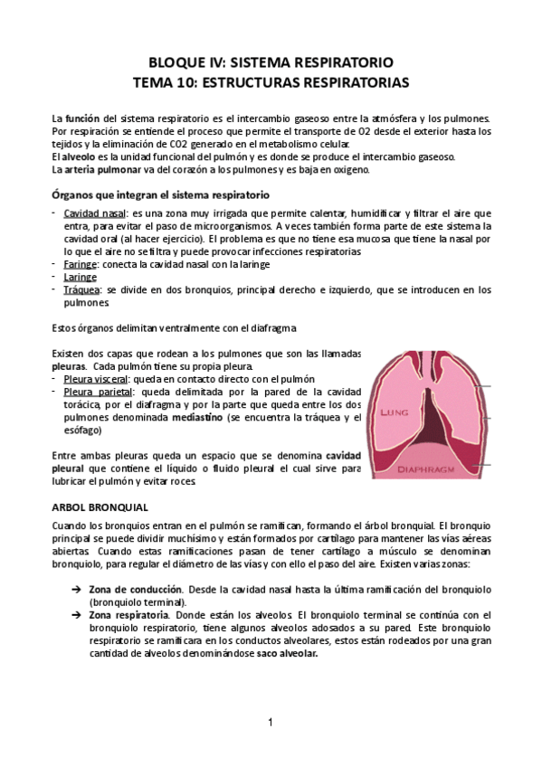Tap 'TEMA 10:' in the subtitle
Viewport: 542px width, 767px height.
[x=161, y=82]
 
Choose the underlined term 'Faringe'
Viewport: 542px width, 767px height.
[x=81, y=264]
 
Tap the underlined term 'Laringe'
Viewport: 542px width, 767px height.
[x=81, y=277]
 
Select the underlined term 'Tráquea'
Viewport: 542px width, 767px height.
[x=81, y=289]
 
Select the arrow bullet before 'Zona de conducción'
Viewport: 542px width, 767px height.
[x=77, y=590]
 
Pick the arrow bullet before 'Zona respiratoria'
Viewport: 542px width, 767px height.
[x=77, y=615]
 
